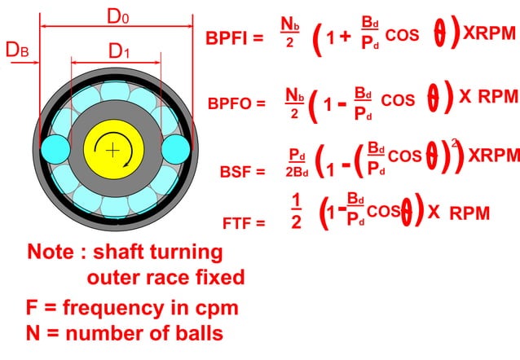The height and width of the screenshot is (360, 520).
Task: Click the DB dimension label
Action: [x=18, y=50]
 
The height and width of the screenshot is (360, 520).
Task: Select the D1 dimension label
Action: [x=120, y=51]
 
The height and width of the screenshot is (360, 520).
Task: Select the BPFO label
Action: [x=236, y=103]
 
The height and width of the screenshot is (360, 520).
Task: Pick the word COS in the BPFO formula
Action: [x=398, y=100]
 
